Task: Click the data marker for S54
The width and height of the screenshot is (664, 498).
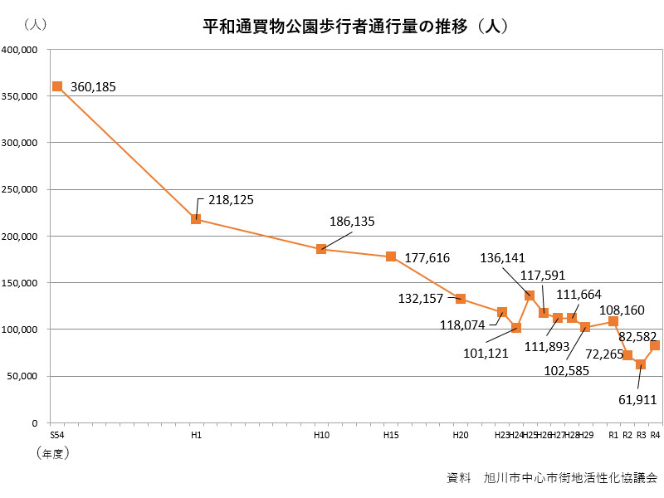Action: [57, 86]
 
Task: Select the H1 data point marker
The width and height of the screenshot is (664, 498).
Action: [196, 219]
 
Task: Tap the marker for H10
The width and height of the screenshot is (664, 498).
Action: [321, 249]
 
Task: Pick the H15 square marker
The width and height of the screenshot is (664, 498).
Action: [391, 256]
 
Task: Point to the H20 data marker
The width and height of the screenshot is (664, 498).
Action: [461, 299]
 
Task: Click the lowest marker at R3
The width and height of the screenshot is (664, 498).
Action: [641, 364]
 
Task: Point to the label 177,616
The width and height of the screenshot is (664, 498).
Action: [427, 258]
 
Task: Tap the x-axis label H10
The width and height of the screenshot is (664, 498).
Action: [321, 435]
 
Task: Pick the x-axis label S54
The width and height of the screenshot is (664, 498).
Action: [57, 435]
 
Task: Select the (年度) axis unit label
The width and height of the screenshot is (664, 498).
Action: [51, 453]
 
